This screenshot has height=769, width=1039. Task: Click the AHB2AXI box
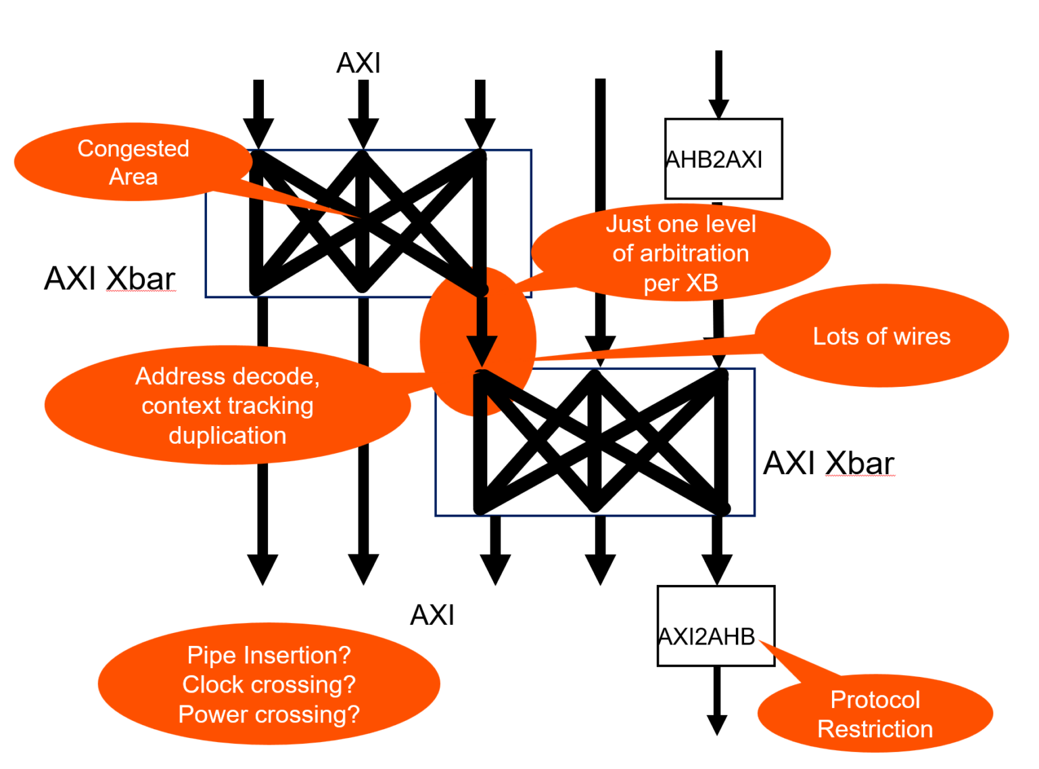(723, 159)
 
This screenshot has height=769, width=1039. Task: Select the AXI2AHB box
(715, 626)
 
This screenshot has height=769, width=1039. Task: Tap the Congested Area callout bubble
(133, 162)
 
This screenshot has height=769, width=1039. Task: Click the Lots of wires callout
(881, 336)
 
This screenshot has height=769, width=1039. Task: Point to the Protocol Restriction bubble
(875, 714)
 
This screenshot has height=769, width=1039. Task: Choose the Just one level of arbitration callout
(680, 253)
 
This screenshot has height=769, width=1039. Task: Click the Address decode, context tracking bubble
(227, 405)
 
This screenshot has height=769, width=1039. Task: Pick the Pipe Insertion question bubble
(269, 684)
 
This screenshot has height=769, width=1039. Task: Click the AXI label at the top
(359, 64)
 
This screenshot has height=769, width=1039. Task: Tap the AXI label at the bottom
(432, 615)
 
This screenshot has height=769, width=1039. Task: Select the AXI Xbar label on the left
(110, 279)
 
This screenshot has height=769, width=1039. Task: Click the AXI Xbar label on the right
(829, 464)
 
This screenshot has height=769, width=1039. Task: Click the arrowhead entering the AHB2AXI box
(718, 108)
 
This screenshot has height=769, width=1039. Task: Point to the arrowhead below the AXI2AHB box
(716, 724)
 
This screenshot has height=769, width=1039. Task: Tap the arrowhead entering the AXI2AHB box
(716, 569)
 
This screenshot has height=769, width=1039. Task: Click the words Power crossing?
(269, 714)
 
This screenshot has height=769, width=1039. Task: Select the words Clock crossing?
(269, 684)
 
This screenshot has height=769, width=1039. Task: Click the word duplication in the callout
(227, 436)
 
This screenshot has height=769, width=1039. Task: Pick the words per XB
(680, 283)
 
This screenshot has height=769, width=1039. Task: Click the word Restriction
(875, 729)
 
